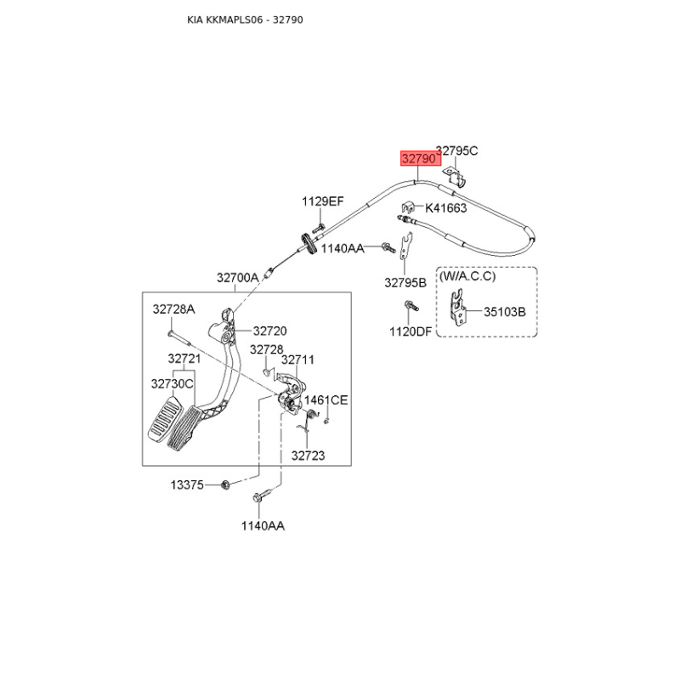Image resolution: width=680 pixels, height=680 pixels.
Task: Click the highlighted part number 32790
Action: pos(418,159)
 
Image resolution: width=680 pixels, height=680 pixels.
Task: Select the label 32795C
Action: pos(457,150)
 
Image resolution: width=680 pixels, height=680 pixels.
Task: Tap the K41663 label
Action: pos(445,208)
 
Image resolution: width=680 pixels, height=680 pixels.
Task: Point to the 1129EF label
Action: pos(323,201)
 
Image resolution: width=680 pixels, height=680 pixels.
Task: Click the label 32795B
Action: pos(405,283)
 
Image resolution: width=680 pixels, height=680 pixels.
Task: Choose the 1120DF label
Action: pos(411,331)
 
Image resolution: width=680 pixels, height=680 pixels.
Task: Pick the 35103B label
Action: pos(505,312)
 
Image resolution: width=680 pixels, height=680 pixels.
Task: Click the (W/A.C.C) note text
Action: pos(467,276)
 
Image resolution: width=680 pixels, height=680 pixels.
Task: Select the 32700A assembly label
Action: pos(238,278)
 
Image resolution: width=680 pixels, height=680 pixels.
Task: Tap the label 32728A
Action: pos(174,309)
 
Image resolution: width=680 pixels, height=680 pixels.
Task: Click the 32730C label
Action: pos(173,384)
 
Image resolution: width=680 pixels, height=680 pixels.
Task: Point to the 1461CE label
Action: pos(326,399)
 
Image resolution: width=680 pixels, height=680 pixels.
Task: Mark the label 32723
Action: pos(308,456)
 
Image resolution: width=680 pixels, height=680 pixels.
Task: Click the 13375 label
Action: pos(187,484)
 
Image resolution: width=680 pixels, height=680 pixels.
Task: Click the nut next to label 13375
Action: pos(225,484)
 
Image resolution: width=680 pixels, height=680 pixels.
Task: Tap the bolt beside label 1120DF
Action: pos(411,306)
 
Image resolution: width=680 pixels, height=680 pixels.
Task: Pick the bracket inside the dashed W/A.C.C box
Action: pos(458,308)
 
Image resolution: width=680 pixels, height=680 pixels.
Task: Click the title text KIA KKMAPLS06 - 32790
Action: pos(245,20)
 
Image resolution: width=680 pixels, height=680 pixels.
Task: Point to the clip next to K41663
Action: pos(408,207)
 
